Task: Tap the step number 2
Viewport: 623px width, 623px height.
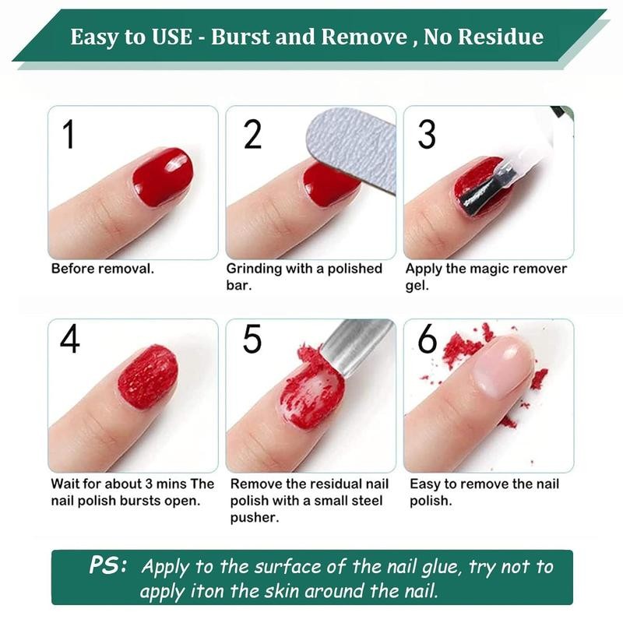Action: point(252,134)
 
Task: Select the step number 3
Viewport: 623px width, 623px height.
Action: point(426,134)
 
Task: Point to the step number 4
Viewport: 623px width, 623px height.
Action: point(70,340)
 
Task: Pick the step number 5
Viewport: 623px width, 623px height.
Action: point(252,340)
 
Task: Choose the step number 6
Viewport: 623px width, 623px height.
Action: point(428,340)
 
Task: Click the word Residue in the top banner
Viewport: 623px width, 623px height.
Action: point(499,37)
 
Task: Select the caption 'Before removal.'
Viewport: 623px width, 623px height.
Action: point(102,269)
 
